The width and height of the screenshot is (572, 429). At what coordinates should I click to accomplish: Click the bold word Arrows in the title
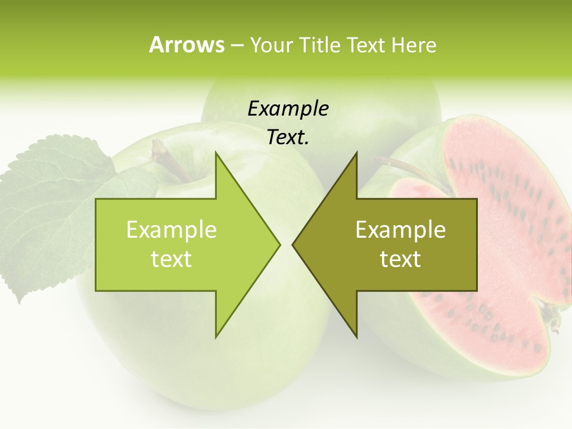point(186,45)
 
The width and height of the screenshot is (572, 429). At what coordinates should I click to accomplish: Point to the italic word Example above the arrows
point(288,109)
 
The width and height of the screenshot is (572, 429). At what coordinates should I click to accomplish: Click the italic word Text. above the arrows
point(288,137)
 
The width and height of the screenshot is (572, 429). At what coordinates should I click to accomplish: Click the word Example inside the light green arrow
point(172,230)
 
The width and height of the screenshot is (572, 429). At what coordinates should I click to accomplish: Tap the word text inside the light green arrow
point(172,259)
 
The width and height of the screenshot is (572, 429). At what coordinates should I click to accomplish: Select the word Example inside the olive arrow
point(400,230)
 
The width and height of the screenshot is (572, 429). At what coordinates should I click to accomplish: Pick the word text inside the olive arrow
point(400,259)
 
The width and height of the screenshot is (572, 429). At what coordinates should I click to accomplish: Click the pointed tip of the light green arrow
point(279,244)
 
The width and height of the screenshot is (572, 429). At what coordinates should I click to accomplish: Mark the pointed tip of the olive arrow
point(293,244)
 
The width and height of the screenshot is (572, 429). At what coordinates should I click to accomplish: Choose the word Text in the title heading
point(366,45)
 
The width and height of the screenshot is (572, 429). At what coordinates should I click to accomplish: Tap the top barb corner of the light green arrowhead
point(216,153)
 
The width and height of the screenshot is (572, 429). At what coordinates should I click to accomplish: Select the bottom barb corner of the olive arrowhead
point(356,337)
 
